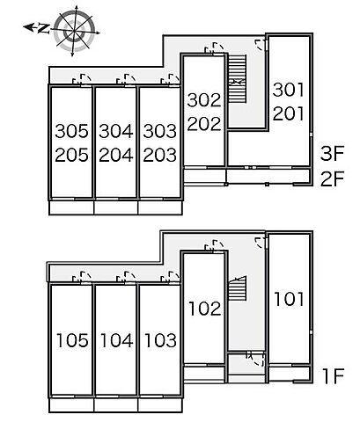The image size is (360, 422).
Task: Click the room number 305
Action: tap(71, 131)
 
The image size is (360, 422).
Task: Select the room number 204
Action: tap(116, 155)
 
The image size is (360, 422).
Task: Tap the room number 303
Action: tap(160, 131)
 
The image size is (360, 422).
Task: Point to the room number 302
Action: tap(204, 100)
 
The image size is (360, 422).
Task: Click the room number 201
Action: tap(288, 113)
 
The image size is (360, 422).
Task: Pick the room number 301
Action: tap(288, 90)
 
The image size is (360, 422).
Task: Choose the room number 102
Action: tap(204, 309)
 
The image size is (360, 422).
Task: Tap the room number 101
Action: tap(289, 299)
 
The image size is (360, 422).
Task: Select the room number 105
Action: tap(72, 340)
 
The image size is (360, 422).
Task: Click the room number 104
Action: tap(116, 340)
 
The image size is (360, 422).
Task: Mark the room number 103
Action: tap(160, 340)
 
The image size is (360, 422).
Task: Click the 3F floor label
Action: tap(332, 154)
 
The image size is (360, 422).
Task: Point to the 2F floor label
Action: tap(332, 178)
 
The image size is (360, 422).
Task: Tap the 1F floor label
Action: tap(333, 376)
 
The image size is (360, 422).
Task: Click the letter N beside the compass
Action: tap(43, 28)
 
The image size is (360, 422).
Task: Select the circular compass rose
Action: tap(75, 31)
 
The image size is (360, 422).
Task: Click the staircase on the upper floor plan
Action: tap(237, 78)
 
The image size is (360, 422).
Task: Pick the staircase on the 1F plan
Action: tap(237, 288)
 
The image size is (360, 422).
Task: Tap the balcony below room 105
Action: tap(71, 405)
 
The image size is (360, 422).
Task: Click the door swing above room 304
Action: tap(126, 79)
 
